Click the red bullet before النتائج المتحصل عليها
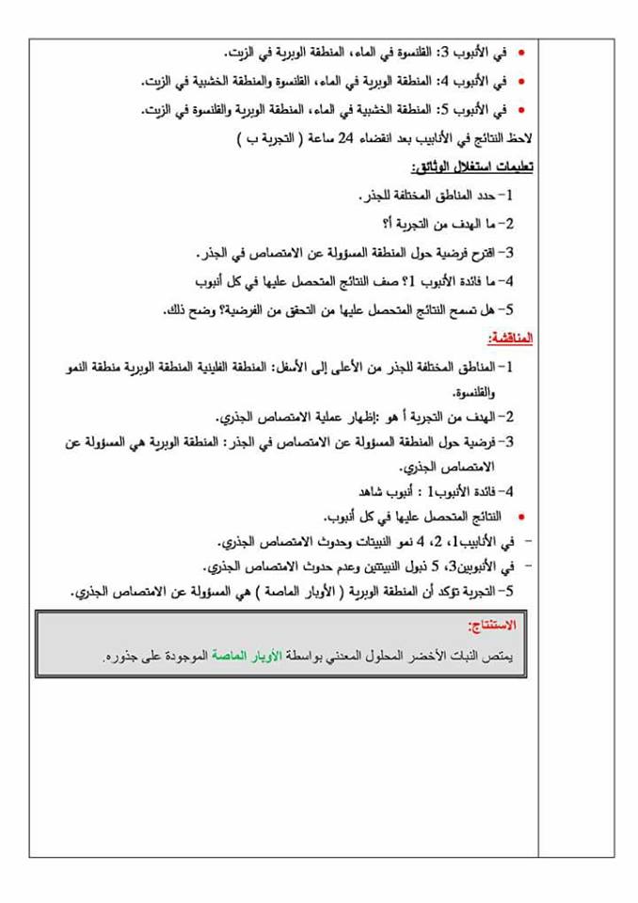(x=523, y=517)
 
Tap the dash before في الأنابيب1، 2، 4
(x=526, y=543)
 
